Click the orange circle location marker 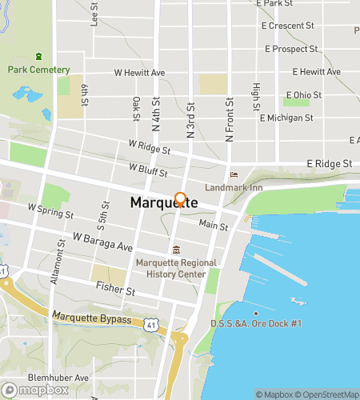(x=181, y=199)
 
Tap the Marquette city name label (x=164, y=204)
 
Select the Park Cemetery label (x=38, y=70)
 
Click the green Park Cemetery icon (x=38, y=57)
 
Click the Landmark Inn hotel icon (x=234, y=175)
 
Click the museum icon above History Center (x=176, y=249)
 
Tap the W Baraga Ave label (x=102, y=242)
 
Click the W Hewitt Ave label (x=139, y=73)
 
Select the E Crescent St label (x=288, y=26)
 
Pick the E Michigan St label (x=287, y=118)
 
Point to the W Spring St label (x=50, y=211)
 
